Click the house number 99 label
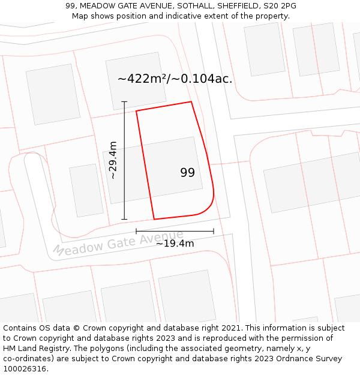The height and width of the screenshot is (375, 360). pyautogui.click(x=187, y=173)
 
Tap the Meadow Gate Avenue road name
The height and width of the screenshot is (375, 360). pyautogui.click(x=118, y=242)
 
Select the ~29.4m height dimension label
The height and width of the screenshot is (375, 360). pyautogui.click(x=113, y=160)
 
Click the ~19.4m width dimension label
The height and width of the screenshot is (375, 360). pyautogui.click(x=175, y=243)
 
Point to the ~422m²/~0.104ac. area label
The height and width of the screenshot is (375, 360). pyautogui.click(x=175, y=79)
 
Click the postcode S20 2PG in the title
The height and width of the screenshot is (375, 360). pyautogui.click(x=278, y=6)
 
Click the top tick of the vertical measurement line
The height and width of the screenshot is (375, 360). pyautogui.click(x=124, y=101)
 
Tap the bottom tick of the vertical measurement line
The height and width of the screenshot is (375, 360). pyautogui.click(x=124, y=219)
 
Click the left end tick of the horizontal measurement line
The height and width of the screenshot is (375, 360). pyautogui.click(x=136, y=231)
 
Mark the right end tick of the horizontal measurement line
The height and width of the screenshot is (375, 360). pyautogui.click(x=214, y=231)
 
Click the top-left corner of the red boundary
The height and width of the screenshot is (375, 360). pyautogui.click(x=136, y=111)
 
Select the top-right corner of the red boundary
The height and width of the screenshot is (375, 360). pyautogui.click(x=191, y=101)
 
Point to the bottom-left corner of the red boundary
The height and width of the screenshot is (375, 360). pyautogui.click(x=154, y=219)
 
